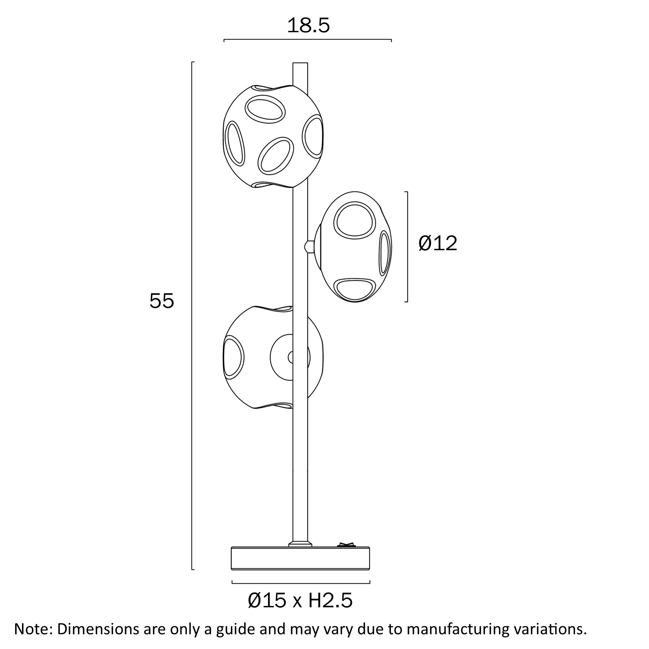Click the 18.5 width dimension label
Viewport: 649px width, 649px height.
click(x=308, y=26)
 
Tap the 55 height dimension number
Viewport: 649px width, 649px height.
click(x=162, y=301)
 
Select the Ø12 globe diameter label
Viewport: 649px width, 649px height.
click(x=438, y=243)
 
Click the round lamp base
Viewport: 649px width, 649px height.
click(x=300, y=558)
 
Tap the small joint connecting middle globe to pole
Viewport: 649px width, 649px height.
click(x=310, y=246)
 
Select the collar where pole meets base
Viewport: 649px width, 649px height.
click(x=300, y=544)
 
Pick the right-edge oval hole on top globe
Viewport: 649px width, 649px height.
click(x=314, y=136)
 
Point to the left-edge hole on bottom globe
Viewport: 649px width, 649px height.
click(x=233, y=357)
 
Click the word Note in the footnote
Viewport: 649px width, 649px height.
click(x=32, y=629)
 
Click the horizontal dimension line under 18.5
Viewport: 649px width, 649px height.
click(x=307, y=39)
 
